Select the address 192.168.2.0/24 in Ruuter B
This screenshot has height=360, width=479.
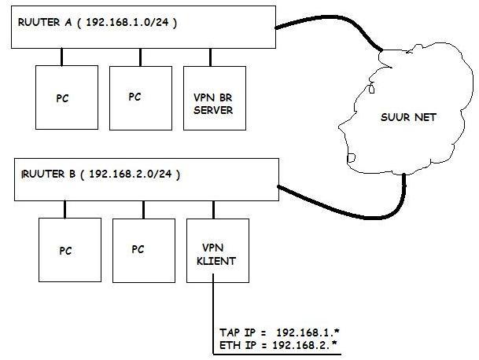134,174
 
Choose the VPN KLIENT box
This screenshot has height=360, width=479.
217,250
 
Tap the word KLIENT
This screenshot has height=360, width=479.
217,263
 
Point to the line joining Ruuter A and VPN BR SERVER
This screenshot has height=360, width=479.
211,57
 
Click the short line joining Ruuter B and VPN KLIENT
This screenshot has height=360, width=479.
214,209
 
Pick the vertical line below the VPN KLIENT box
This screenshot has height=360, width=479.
213,314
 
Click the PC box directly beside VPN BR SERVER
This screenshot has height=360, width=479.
139,97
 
